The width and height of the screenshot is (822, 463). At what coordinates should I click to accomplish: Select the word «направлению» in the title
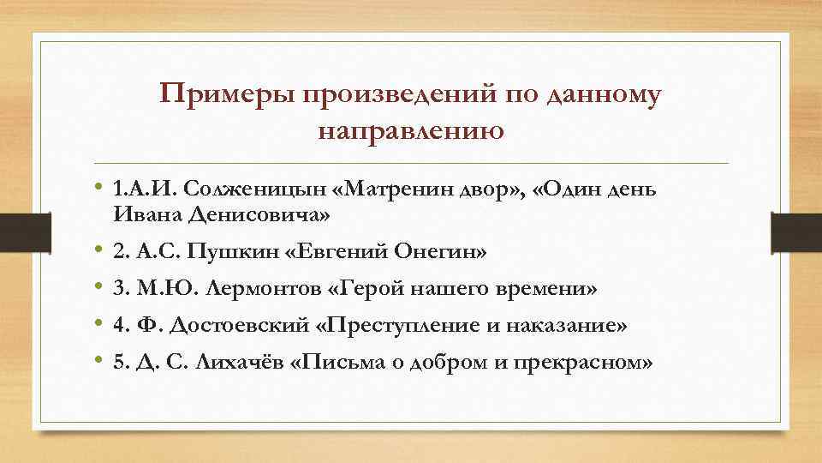(410, 131)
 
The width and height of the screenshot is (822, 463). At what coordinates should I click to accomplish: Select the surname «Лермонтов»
(262, 290)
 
